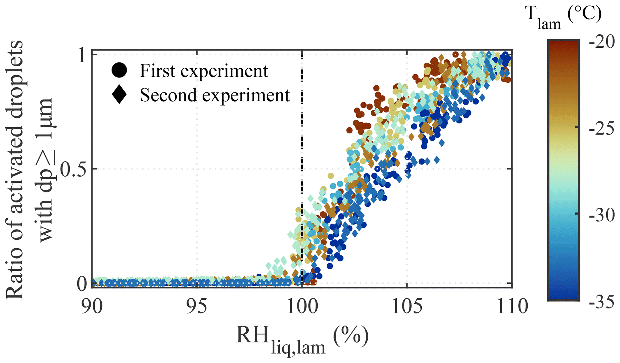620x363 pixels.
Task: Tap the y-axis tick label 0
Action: click(x=82, y=283)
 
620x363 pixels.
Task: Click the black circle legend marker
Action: click(x=119, y=70)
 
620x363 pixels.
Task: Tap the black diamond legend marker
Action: click(x=119, y=95)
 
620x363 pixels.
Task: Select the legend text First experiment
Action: click(x=204, y=71)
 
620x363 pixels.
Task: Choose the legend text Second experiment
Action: click(x=215, y=95)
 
